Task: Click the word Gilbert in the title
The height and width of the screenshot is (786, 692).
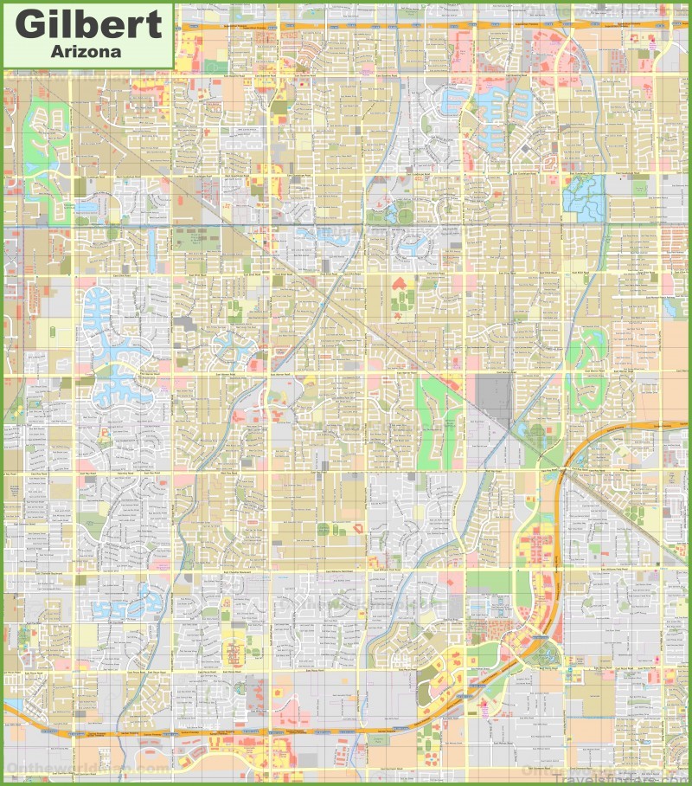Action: pyautogui.click(x=87, y=23)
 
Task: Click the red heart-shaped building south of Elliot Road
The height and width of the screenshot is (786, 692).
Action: pyautogui.click(x=399, y=284)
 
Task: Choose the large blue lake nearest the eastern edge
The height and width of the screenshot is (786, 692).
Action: pyautogui.click(x=586, y=194)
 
